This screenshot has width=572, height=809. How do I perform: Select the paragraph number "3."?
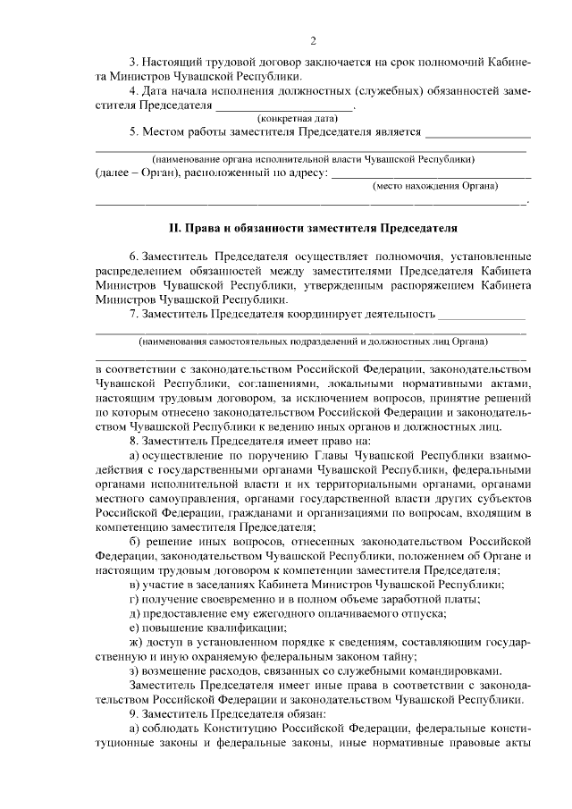pyautogui.click(x=135, y=63)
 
